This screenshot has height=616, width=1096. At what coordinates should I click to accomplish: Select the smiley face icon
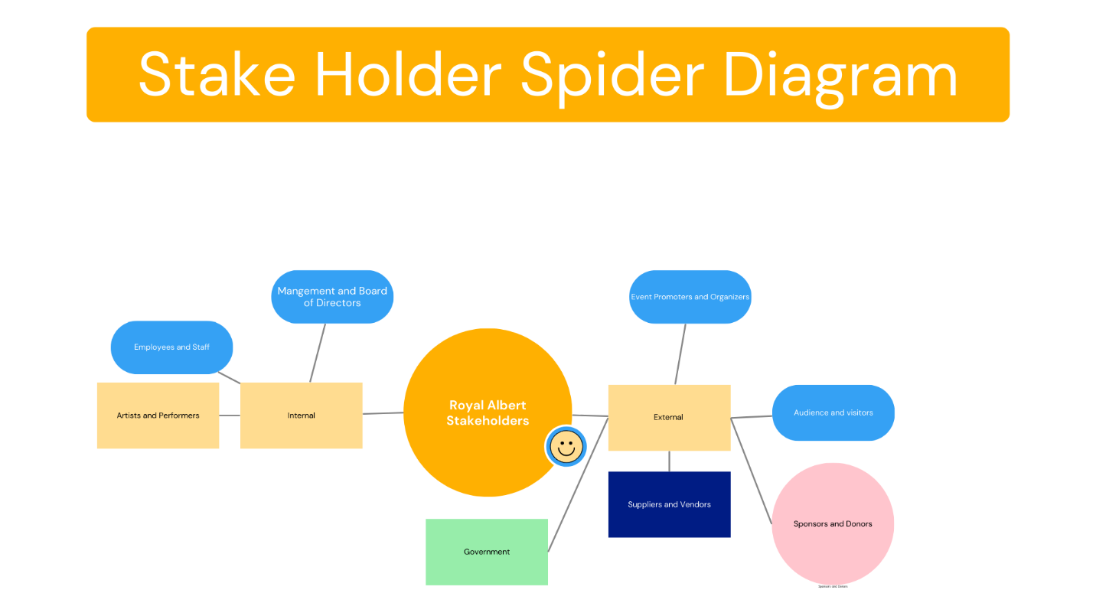566,447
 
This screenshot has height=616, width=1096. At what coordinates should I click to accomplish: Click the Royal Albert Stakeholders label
488,412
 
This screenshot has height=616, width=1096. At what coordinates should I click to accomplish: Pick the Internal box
301,416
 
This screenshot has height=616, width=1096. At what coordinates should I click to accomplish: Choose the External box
668,417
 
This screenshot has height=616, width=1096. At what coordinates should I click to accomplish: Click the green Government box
487,552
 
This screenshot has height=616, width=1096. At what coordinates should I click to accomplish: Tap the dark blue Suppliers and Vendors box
669,504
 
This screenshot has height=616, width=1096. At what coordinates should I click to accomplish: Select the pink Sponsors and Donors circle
833,524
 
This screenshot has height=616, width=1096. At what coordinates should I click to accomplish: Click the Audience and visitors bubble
833,412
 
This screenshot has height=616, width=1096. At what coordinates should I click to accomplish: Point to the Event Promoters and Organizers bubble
690,297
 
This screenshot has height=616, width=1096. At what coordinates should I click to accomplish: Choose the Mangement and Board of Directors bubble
332,297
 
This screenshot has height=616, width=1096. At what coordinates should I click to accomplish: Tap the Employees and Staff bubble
171,347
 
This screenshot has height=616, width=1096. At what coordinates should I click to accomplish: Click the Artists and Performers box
158,416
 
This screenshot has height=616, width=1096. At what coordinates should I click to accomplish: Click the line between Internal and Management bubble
318,352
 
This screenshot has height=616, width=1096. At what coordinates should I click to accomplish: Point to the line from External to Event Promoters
680,354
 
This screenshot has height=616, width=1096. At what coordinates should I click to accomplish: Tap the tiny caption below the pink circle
833,587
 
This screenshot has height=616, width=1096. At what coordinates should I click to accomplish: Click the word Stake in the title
217,75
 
